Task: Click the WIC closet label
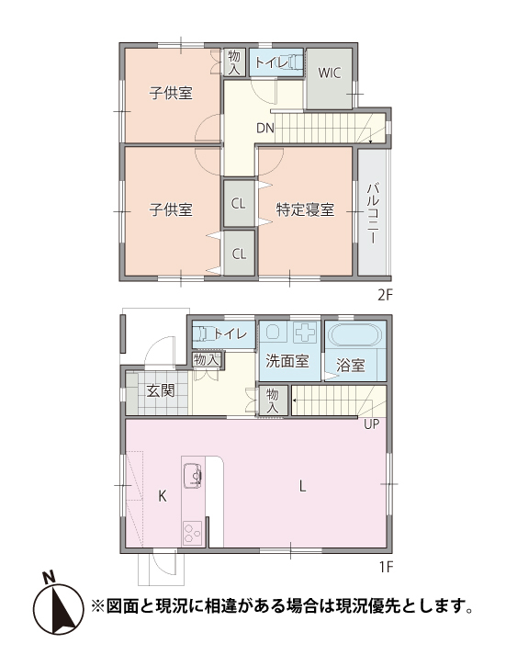click(x=329, y=73)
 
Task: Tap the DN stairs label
click(x=265, y=128)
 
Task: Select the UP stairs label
click(x=371, y=424)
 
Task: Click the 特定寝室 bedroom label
click(x=305, y=209)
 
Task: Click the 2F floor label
click(x=384, y=295)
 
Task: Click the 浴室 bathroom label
click(x=351, y=365)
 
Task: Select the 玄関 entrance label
click(x=160, y=390)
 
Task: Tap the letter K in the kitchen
click(x=162, y=496)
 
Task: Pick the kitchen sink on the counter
click(x=193, y=476)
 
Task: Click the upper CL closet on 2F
click(x=238, y=203)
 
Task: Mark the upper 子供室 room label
click(x=172, y=93)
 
